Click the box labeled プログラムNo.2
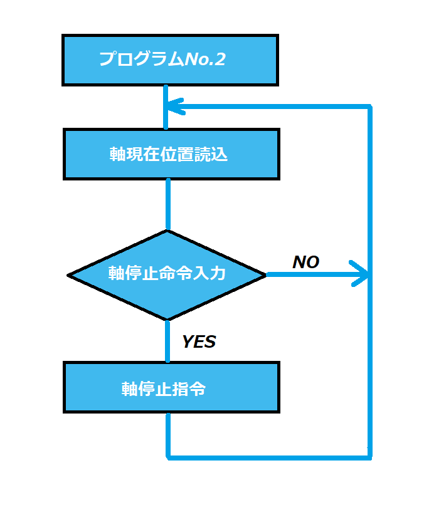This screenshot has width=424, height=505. click(170, 60)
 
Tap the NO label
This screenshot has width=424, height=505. click(306, 263)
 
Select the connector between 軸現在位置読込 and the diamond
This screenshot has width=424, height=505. click(167, 204)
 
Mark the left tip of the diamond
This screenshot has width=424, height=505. click(69, 275)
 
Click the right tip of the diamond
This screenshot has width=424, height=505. click(265, 274)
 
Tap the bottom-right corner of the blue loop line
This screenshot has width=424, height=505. click(369, 457)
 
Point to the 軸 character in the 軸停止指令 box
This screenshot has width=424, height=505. click(129, 388)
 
